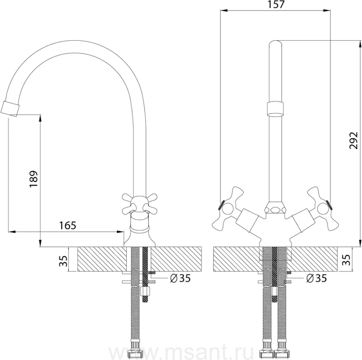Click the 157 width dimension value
pos(276,4)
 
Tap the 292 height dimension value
pos(354,141)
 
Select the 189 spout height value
pos(33,179)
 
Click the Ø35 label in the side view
pos(180,278)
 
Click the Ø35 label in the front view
pos(316,278)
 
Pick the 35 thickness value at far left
pos(63,261)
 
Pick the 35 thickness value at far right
pos(346,260)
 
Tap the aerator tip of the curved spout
pos(10,108)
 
